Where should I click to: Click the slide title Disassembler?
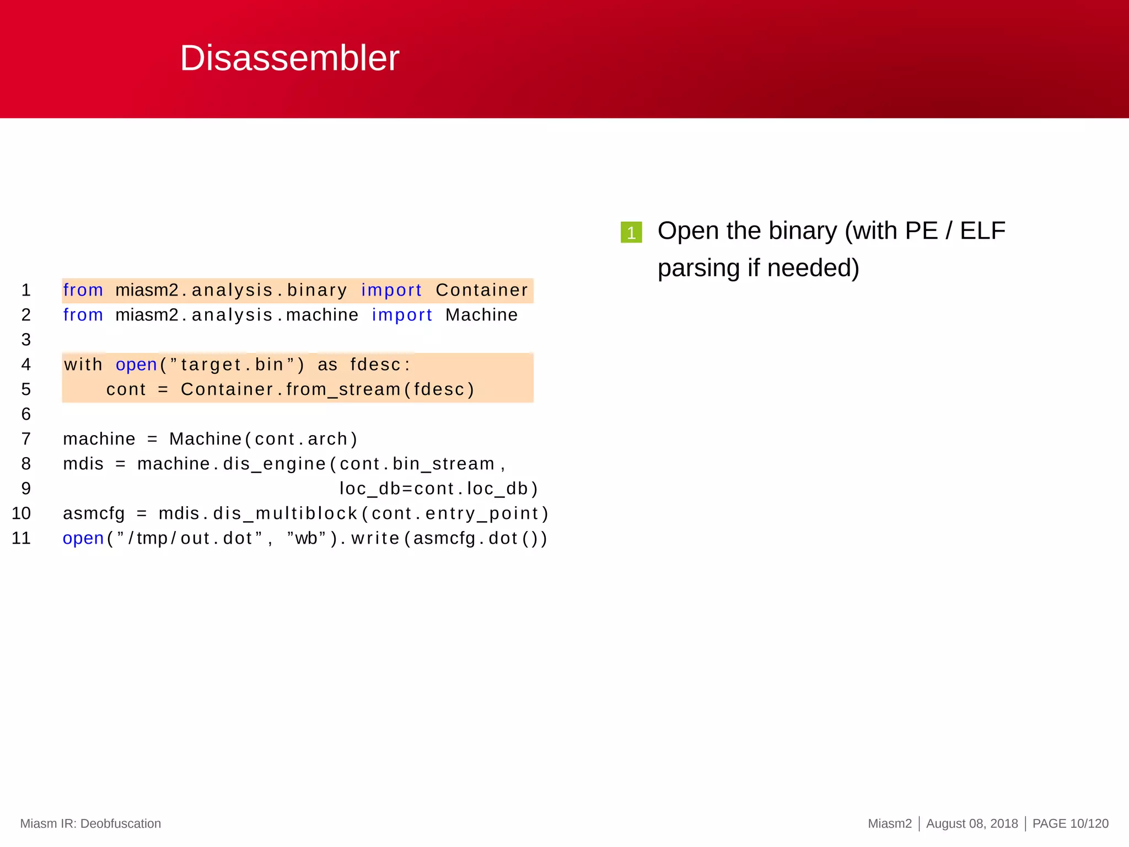click(289, 58)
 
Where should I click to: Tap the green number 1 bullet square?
click(631, 232)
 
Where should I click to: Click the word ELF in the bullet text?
click(982, 230)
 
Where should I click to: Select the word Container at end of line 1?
click(482, 290)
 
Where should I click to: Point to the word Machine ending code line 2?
click(481, 315)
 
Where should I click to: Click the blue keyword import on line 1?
click(391, 290)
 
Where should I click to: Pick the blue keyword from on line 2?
click(83, 315)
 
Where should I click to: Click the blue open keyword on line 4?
click(137, 364)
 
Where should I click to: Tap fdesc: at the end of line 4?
click(380, 364)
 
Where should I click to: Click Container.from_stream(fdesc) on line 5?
click(327, 389)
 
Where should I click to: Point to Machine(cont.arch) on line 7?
click(264, 439)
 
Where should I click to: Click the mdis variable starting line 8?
click(83, 464)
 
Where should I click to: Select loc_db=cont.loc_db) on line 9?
click(438, 489)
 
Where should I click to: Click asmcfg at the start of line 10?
click(94, 513)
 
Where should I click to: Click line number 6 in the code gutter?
click(26, 414)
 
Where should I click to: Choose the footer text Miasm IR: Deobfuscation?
click(90, 823)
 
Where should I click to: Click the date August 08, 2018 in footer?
click(972, 823)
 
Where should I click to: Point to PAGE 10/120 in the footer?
click(1070, 823)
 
